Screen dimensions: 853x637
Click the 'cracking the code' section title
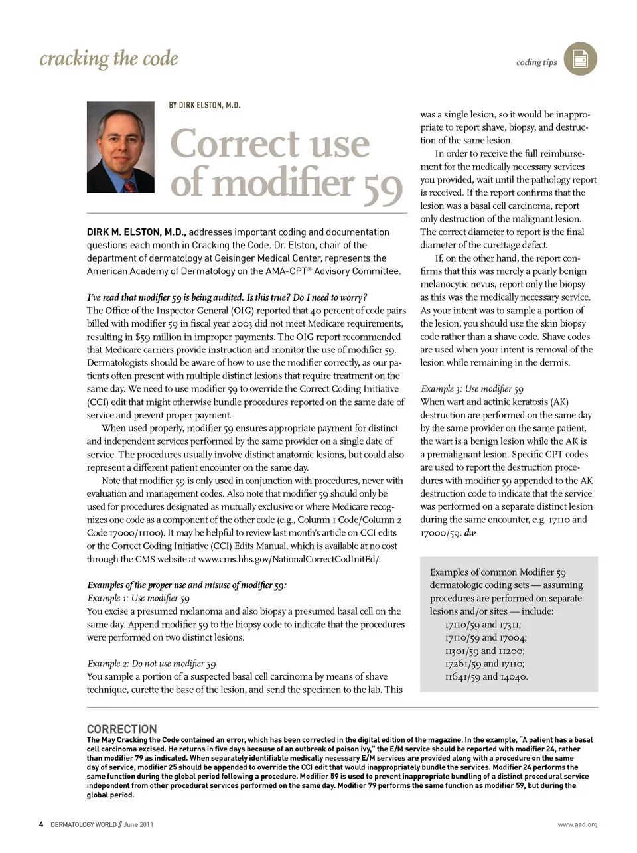point(109,58)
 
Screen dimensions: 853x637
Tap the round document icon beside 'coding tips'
point(580,59)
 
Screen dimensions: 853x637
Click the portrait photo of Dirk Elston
point(120,147)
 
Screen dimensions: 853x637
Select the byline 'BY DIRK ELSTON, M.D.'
point(204,105)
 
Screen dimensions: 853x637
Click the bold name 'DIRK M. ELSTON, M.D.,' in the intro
point(137,232)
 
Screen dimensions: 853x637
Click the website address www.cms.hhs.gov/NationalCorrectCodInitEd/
point(289,559)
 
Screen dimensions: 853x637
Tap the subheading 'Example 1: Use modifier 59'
point(138,598)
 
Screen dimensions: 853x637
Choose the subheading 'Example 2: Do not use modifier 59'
point(151,664)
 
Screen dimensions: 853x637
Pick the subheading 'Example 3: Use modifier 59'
point(472,389)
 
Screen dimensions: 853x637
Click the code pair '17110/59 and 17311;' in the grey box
point(482,625)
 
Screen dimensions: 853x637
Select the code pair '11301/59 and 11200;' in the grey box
point(484,651)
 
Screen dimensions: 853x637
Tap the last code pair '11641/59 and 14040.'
point(486,677)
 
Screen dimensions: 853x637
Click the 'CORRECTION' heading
point(122,729)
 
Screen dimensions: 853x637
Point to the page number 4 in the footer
point(41,824)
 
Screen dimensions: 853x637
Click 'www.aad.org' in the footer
point(577,824)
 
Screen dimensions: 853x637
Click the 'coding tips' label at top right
point(536,62)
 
